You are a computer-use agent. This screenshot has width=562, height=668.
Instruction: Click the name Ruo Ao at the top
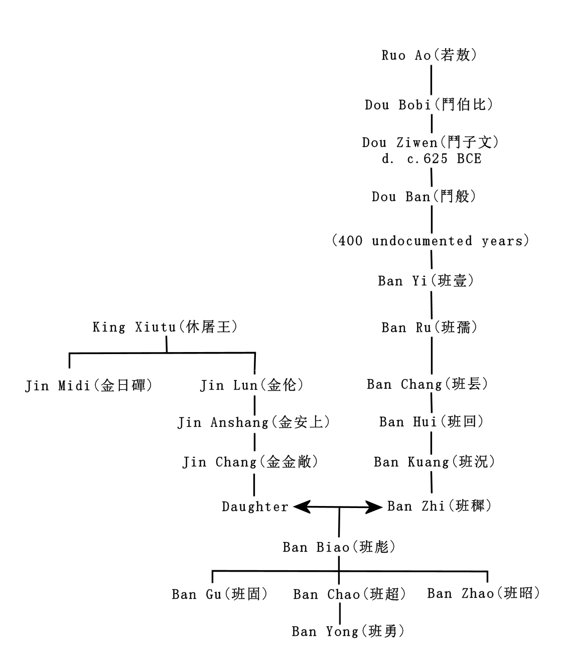tap(429, 55)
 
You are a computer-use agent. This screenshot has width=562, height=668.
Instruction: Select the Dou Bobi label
tap(429, 105)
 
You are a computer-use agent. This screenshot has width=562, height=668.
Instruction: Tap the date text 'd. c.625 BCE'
tap(431, 159)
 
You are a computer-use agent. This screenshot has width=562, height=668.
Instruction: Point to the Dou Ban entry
tap(424, 197)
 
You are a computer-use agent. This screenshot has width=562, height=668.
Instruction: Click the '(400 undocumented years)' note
tap(431, 241)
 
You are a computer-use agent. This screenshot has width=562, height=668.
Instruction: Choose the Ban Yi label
tap(426, 281)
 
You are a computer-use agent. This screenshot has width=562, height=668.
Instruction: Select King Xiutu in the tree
tap(165, 327)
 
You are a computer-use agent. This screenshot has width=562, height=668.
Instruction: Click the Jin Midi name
tap(89, 386)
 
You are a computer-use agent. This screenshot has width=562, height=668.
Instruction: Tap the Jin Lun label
tap(252, 386)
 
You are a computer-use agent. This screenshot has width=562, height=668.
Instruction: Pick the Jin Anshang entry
tap(254, 423)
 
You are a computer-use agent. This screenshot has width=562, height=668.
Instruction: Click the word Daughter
tap(255, 507)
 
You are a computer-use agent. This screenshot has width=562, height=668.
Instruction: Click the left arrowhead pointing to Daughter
tap(300, 507)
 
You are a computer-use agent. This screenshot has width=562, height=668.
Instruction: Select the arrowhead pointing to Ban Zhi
tap(376, 507)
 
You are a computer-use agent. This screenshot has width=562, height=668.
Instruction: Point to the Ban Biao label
tap(339, 547)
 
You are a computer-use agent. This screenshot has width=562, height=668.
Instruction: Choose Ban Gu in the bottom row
tap(220, 594)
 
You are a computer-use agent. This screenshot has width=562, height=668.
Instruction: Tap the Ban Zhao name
tap(484, 594)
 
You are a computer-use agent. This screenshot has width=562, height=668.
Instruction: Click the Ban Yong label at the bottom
tap(348, 631)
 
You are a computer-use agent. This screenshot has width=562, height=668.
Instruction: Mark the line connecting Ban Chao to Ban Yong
tap(340, 613)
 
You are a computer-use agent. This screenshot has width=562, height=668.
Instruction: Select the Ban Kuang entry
tap(435, 462)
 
